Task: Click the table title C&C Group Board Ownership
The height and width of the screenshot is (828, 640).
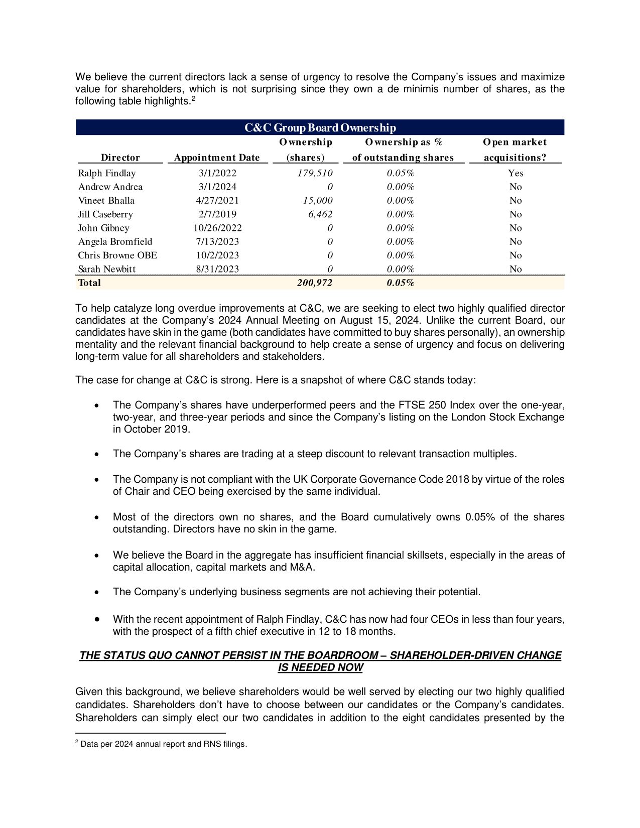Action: [320, 127]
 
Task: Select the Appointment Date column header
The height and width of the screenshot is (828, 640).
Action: [217, 158]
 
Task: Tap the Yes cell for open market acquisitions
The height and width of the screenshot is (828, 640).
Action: [516, 173]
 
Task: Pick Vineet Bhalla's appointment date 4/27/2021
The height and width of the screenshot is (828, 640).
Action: [217, 201]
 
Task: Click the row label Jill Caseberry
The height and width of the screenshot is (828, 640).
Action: [105, 214]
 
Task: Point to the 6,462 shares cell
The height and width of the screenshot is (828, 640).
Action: [320, 214]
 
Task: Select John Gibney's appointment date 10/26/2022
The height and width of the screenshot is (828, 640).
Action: [217, 228]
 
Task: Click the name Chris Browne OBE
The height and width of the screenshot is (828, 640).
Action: [117, 255]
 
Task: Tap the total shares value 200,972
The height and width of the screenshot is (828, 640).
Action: [314, 283]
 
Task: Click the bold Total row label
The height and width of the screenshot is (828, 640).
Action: [89, 283]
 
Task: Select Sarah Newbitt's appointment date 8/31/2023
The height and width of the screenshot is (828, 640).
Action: [217, 269]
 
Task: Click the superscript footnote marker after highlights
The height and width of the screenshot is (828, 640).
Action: [193, 98]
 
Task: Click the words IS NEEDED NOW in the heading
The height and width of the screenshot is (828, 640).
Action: [320, 668]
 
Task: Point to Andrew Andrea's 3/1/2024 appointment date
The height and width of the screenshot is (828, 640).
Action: [217, 187]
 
